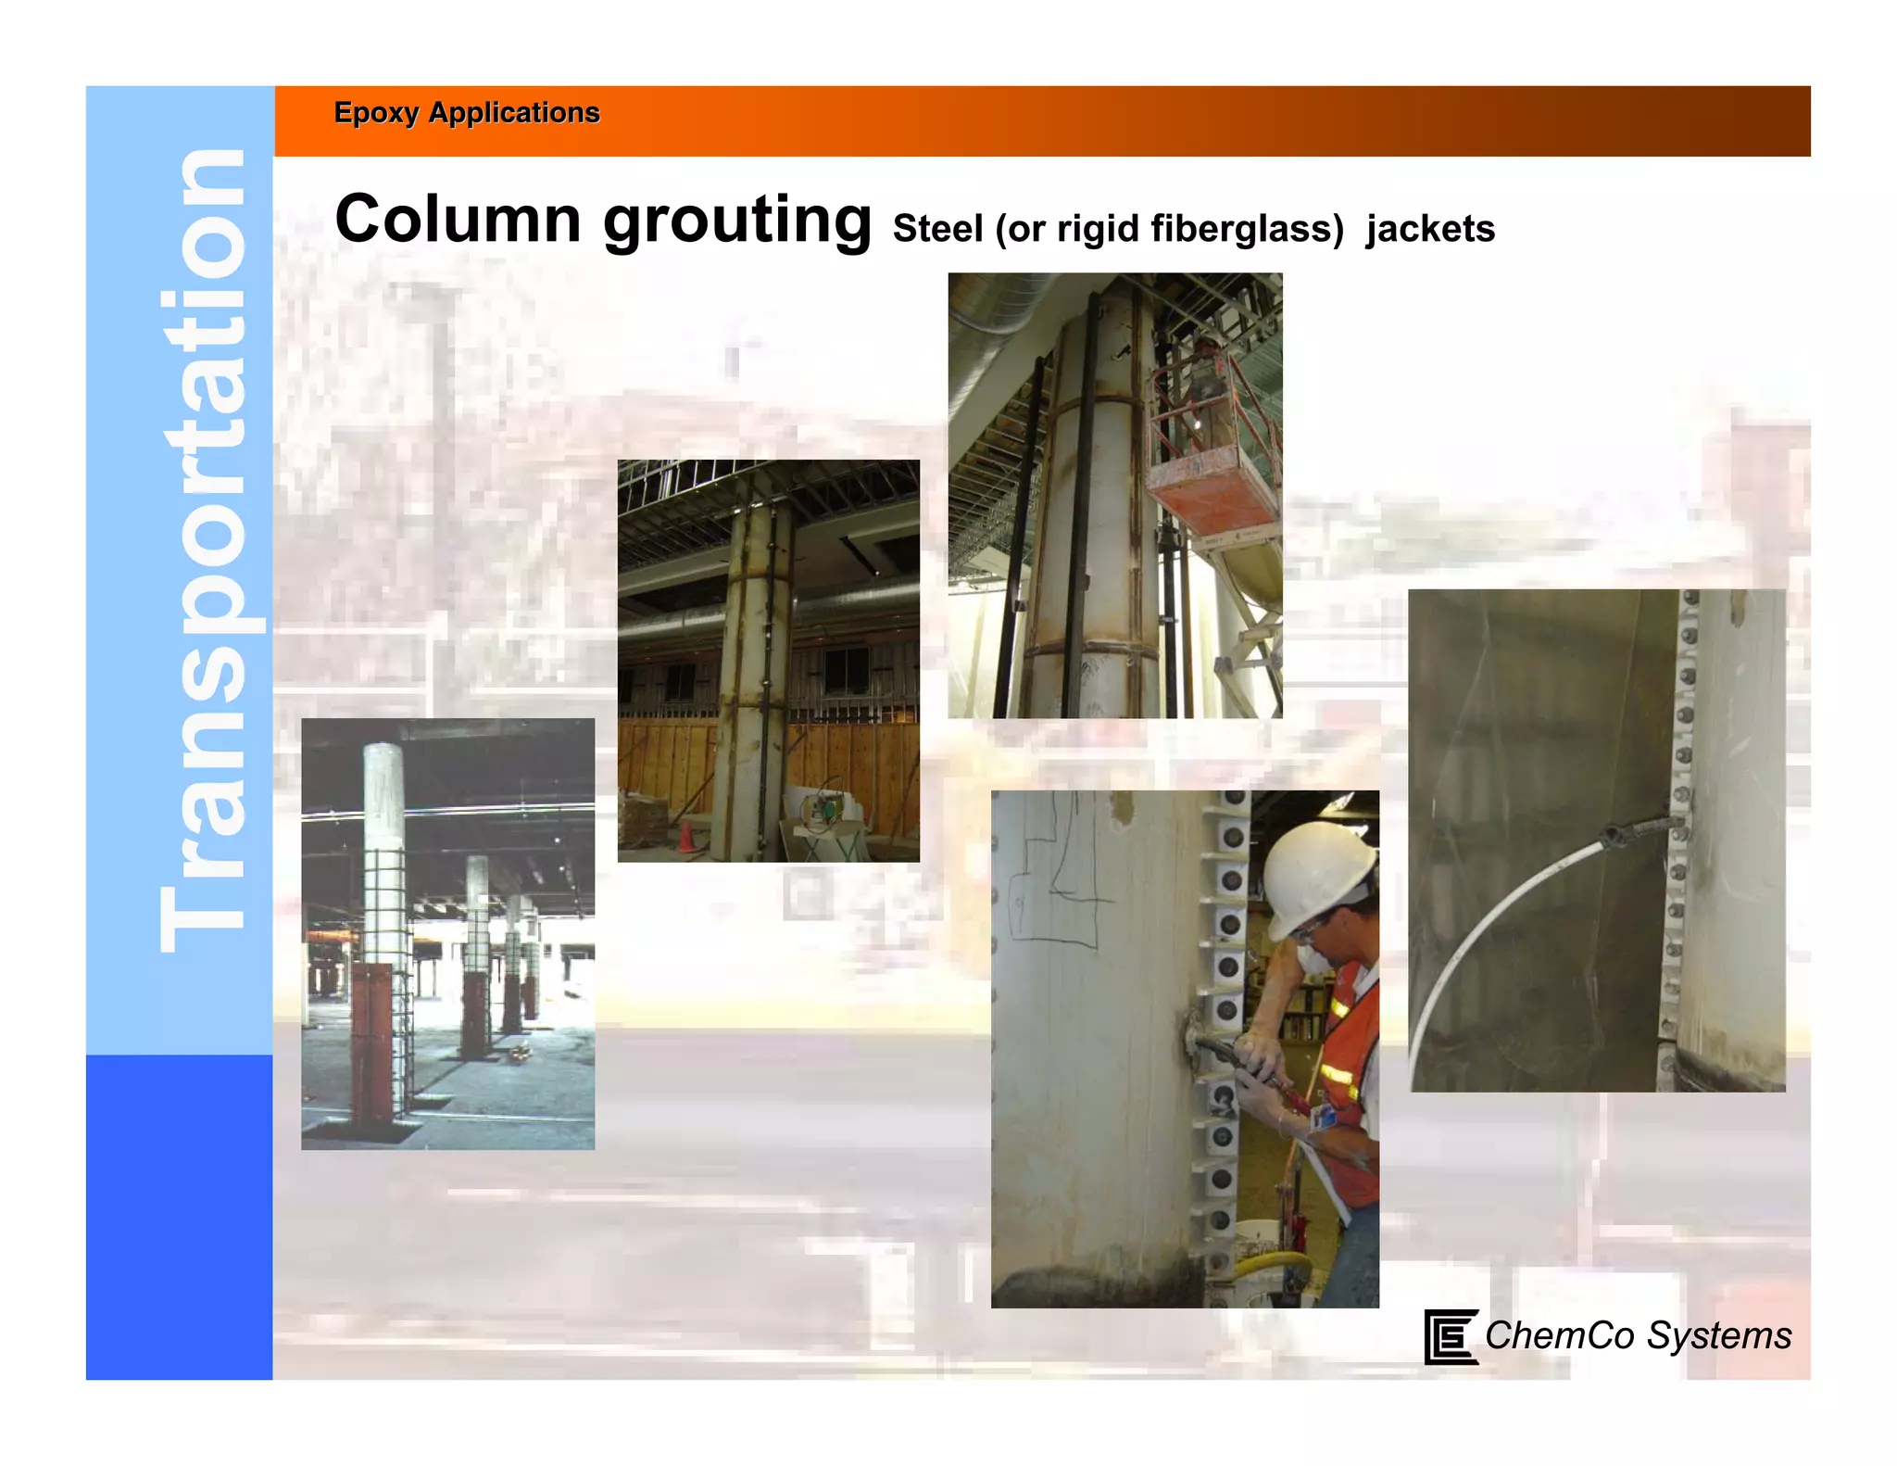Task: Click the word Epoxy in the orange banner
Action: [x=376, y=113]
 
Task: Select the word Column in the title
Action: [x=458, y=220]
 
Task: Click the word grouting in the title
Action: [x=737, y=221]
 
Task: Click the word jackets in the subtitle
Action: [x=1430, y=229]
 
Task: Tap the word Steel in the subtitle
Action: [x=937, y=229]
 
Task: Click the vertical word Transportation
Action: [x=202, y=550]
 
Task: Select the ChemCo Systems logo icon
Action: [x=1450, y=1336]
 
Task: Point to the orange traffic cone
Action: [x=685, y=836]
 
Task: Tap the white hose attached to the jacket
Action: [x=1501, y=908]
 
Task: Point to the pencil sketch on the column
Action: [x=1056, y=880]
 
